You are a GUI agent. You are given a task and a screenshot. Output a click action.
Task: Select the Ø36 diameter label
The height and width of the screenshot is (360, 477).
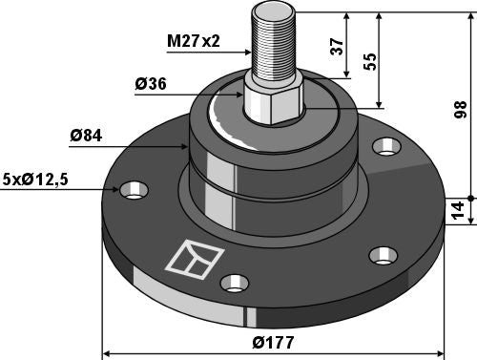(x=153, y=84)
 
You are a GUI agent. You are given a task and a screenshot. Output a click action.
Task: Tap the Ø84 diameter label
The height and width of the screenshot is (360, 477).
(x=87, y=137)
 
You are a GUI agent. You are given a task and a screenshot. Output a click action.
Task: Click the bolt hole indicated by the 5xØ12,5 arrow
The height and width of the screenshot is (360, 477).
(x=134, y=189)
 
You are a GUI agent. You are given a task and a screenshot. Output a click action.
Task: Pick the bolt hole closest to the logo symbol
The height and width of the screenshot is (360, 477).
(x=235, y=283)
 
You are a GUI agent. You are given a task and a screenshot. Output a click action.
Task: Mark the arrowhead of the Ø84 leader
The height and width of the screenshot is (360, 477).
(x=190, y=147)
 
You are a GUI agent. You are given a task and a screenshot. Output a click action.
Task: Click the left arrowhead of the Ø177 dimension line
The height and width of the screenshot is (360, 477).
(x=106, y=353)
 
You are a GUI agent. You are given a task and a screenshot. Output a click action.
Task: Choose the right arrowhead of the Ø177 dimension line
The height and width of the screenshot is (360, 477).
(x=442, y=353)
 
